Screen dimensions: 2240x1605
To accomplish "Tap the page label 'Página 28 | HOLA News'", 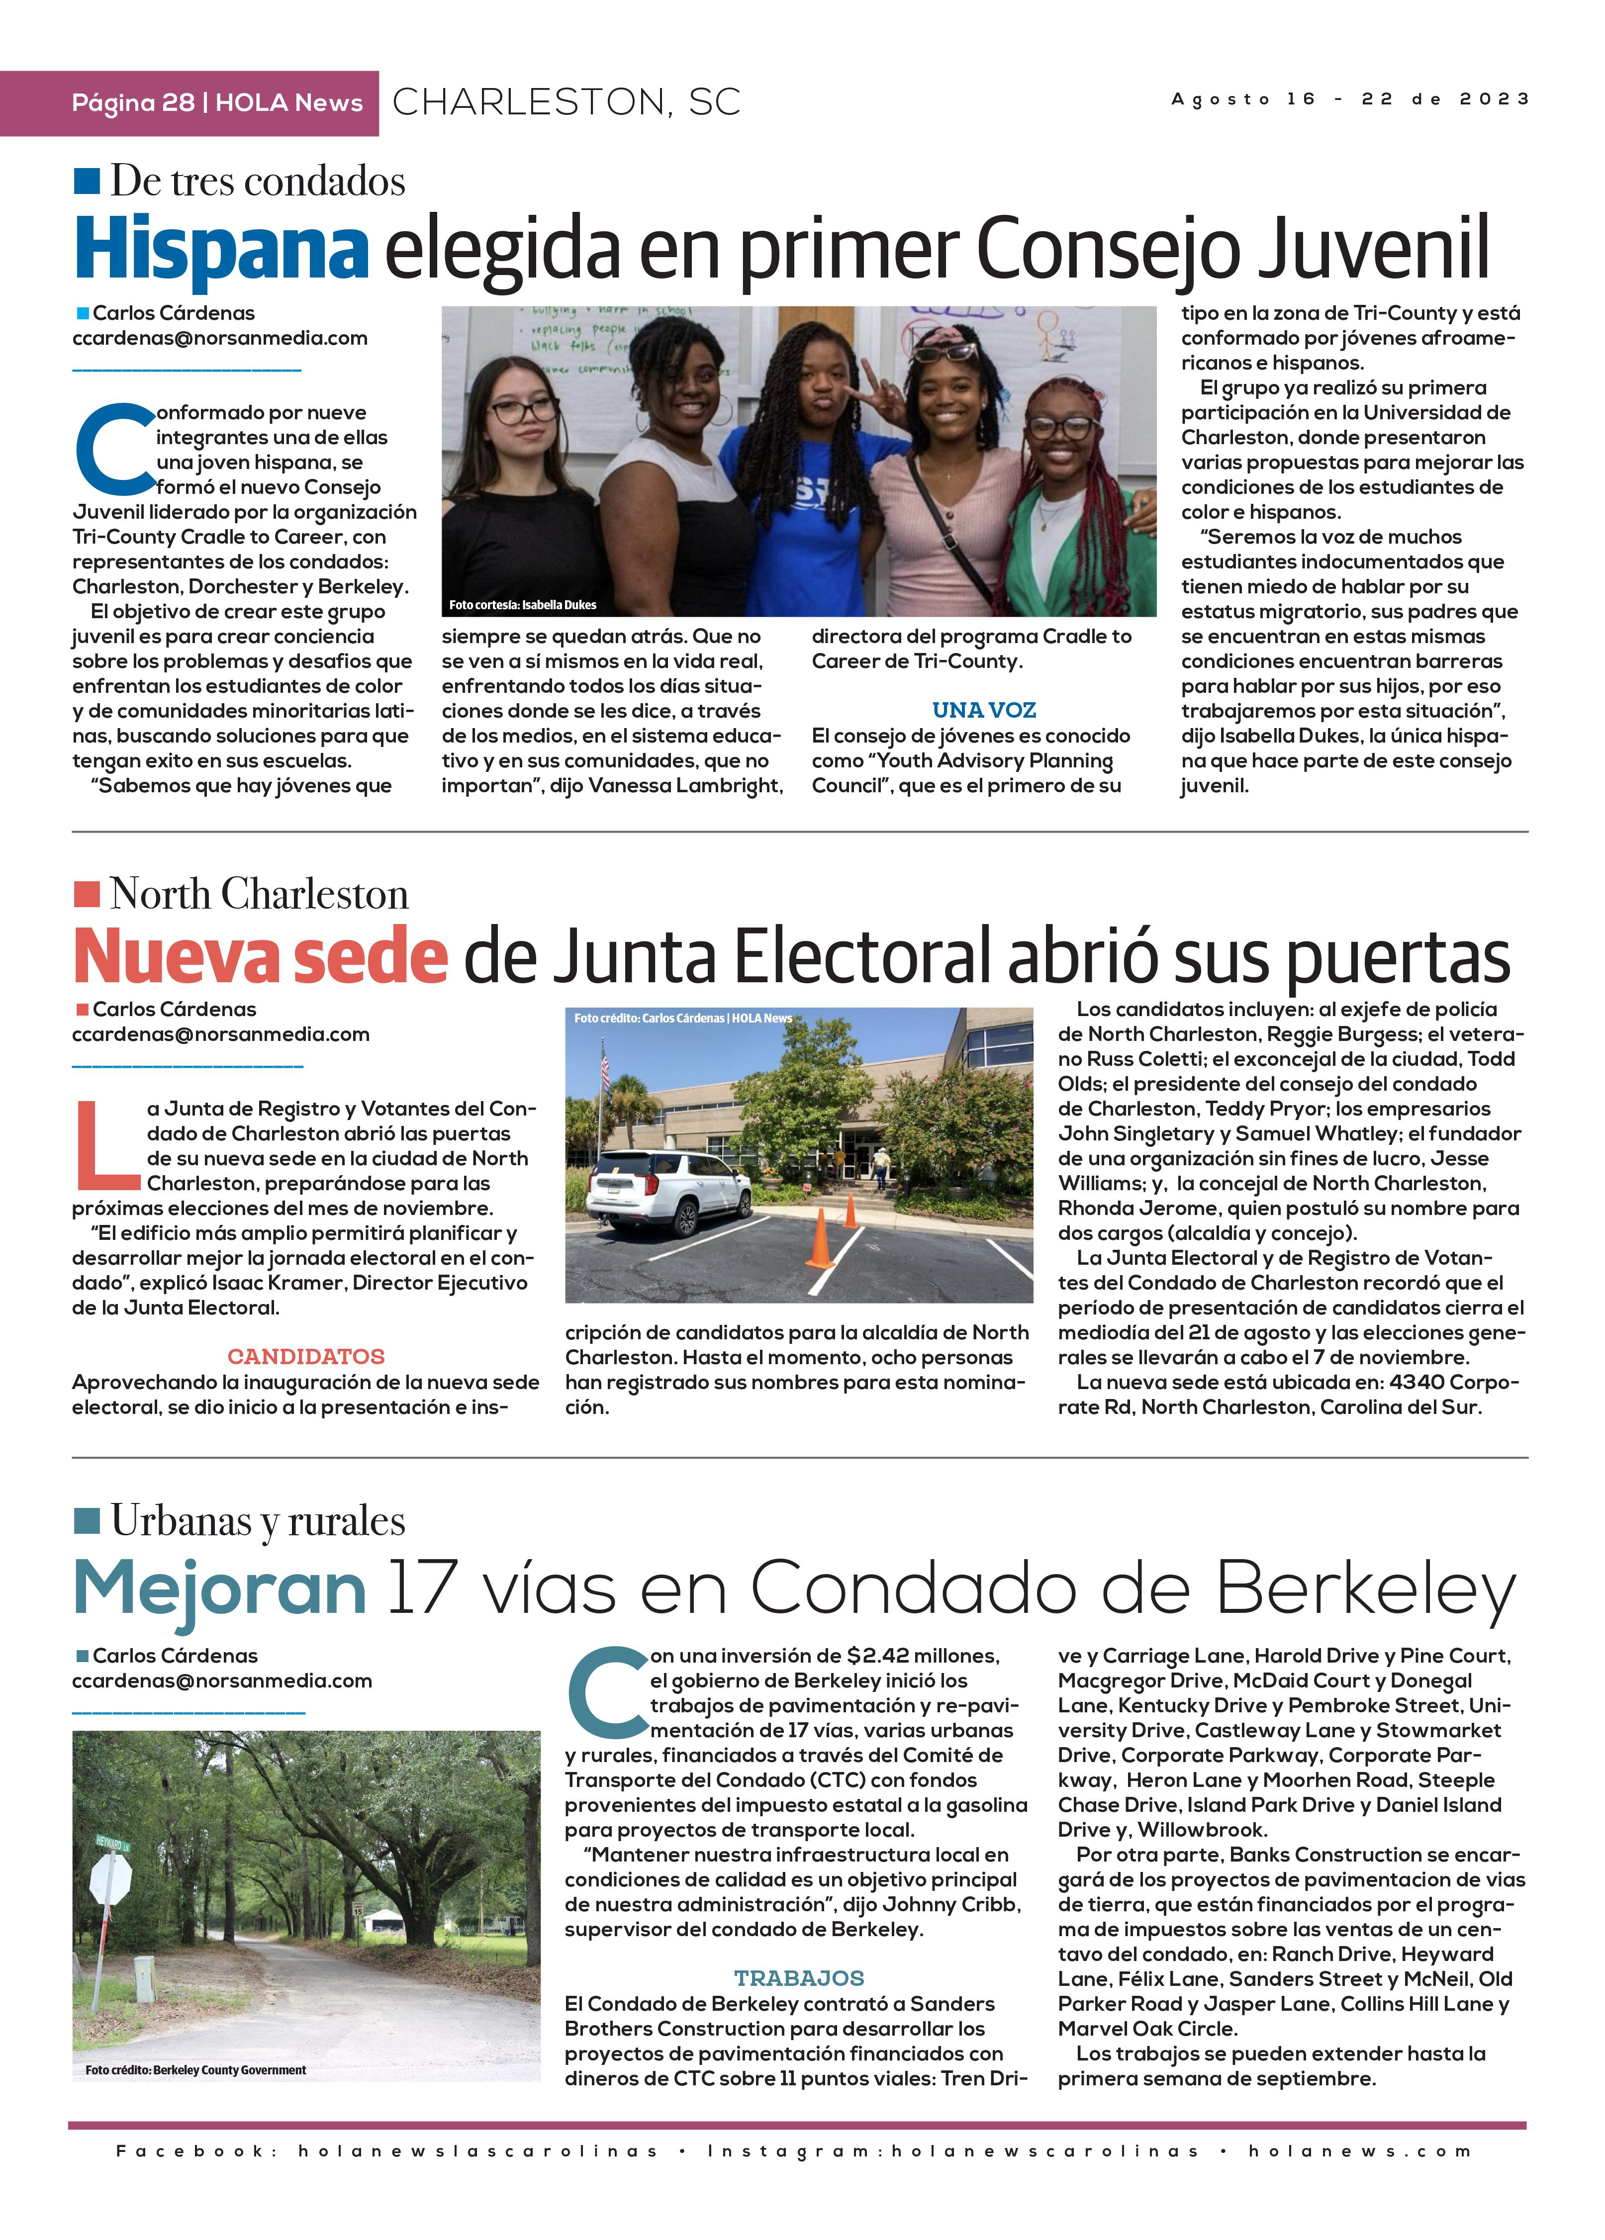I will pyautogui.click(x=217, y=103).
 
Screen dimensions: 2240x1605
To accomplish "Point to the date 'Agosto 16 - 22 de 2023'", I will pyautogui.click(x=1349, y=99).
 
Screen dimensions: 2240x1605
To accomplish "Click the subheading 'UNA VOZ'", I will pyautogui.click(x=984, y=710).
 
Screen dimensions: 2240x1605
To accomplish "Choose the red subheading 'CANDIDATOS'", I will pyautogui.click(x=306, y=1357).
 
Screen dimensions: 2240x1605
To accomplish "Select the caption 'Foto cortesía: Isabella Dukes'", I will pyautogui.click(x=523, y=604).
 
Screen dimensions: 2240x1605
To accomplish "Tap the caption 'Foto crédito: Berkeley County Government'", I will pyautogui.click(x=195, y=2069).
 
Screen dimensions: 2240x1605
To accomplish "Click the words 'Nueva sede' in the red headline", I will pyautogui.click(x=261, y=956).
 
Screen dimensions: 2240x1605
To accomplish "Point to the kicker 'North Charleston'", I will pyautogui.click(x=259, y=894).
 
